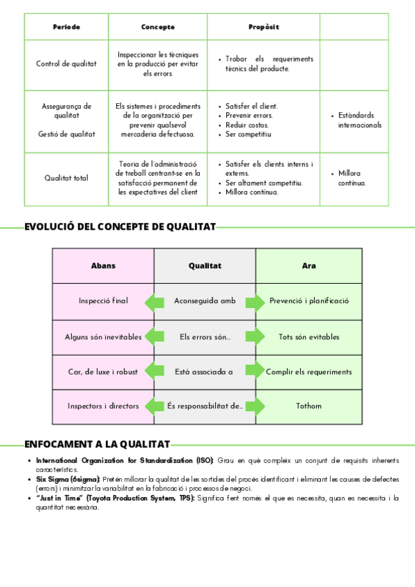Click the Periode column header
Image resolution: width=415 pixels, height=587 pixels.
pyautogui.click(x=66, y=27)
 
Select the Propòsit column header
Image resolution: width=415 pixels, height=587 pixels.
pyautogui.click(x=264, y=27)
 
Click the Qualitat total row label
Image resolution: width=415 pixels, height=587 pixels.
pyautogui.click(x=66, y=178)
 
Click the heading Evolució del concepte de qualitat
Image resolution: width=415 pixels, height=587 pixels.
pyautogui.click(x=120, y=226)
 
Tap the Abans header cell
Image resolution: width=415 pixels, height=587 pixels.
pyautogui.click(x=103, y=266)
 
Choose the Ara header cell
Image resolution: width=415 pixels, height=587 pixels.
pyautogui.click(x=308, y=266)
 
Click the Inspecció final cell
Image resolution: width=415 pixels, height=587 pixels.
pyautogui.click(x=103, y=301)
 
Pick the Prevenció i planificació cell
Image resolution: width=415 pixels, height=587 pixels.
pyautogui.click(x=308, y=301)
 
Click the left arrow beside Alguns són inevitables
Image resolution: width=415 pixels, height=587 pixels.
pyautogui.click(x=154, y=337)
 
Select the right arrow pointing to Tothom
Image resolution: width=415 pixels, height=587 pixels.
pyautogui.click(x=255, y=406)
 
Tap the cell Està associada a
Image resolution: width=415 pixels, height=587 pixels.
pyautogui.click(x=205, y=372)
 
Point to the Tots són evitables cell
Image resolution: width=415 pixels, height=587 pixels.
pyautogui.click(x=308, y=337)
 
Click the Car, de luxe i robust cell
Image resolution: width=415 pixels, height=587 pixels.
pyautogui.click(x=103, y=372)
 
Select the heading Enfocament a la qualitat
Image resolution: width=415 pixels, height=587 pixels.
pyautogui.click(x=98, y=444)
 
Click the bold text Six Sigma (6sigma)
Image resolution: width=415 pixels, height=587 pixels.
pyautogui.click(x=68, y=479)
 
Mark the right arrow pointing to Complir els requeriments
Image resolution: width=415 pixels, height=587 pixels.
pyautogui.click(x=255, y=370)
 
